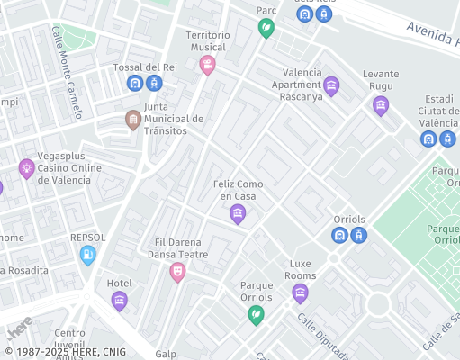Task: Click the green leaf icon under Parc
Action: (266, 28)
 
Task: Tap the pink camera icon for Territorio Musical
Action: (208, 65)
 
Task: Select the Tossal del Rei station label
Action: (145, 67)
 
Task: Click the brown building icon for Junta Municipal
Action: (133, 120)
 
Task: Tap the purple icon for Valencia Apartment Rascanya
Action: (331, 86)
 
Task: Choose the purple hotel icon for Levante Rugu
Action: (381, 105)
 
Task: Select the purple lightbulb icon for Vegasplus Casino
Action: (26, 167)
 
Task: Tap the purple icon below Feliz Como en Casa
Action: (238, 213)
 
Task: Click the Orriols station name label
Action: (347, 219)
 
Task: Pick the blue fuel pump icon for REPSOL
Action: (87, 256)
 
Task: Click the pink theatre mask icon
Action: (177, 271)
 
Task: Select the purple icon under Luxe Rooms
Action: (300, 292)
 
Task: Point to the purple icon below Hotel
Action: (120, 301)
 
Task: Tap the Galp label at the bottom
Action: (166, 355)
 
